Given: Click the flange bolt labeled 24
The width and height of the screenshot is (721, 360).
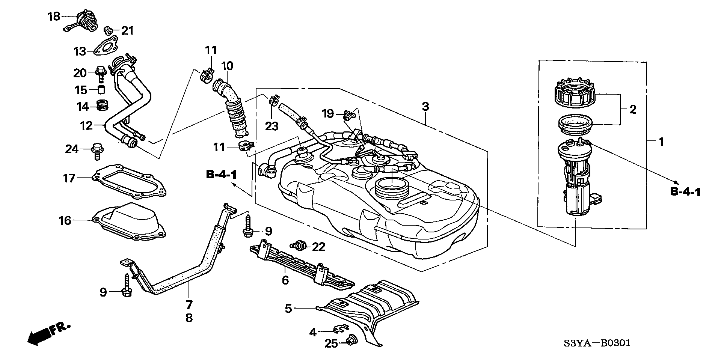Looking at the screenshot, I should pos(97,151).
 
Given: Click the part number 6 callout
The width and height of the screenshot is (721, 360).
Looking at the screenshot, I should pos(285,280).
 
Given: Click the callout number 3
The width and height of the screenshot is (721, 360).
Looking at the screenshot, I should pos(425,107).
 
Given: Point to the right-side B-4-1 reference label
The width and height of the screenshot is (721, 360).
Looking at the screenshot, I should pos(685,193).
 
